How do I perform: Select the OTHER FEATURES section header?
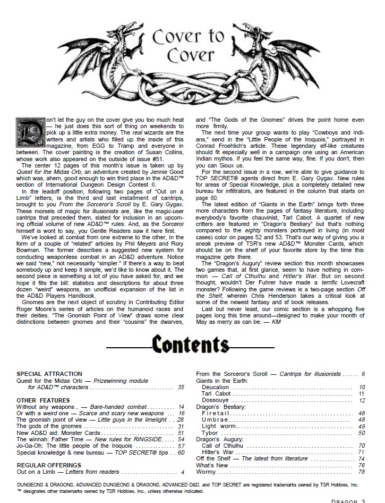click(43, 400)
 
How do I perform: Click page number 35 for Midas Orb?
click(181, 387)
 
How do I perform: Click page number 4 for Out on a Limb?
click(182, 472)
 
